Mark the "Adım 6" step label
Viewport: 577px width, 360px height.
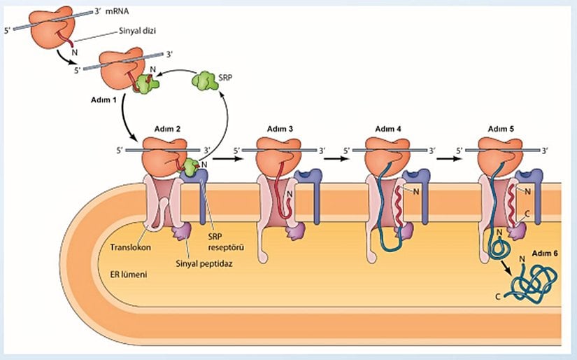(546, 252)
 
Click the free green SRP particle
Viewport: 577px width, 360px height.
(205, 81)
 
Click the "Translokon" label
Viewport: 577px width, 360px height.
(129, 247)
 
